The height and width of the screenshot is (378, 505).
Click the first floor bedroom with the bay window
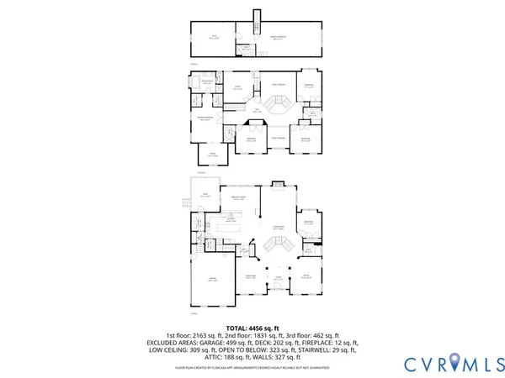(x=309, y=224)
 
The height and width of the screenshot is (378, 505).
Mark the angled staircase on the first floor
(x=279, y=244)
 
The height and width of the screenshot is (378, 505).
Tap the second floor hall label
(x=257, y=109)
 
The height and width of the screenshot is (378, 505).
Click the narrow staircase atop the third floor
(x=255, y=19)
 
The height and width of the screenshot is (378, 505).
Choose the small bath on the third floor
(x=243, y=49)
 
